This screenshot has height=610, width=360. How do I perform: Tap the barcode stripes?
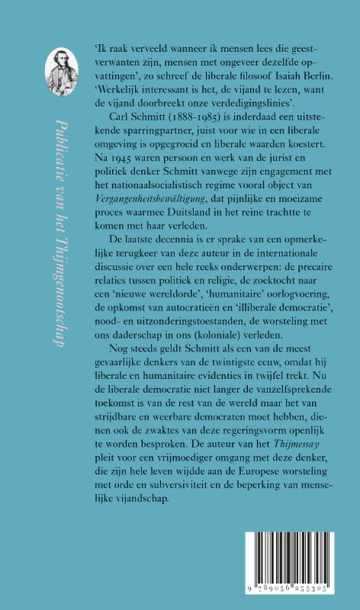coord(293,562)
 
